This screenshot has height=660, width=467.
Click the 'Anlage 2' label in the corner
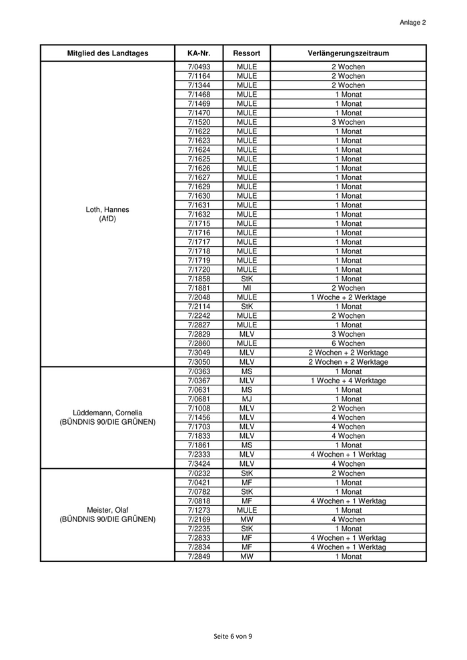412,22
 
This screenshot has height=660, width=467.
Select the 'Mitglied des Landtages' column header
107,53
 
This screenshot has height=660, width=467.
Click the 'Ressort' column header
246,53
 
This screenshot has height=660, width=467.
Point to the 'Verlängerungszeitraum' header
348,53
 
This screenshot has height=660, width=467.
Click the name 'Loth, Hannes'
107,210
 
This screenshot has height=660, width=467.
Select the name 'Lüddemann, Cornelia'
107,413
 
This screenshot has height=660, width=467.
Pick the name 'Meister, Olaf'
107,510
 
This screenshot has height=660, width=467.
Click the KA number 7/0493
199,67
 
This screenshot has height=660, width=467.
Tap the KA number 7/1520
199,123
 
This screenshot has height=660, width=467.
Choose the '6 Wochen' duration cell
348,343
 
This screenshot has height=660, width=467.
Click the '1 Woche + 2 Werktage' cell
348,297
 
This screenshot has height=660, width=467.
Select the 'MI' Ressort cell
246,288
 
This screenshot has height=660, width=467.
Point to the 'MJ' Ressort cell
246,399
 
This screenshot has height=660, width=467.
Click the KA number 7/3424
199,464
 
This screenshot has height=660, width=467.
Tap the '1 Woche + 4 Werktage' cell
348,381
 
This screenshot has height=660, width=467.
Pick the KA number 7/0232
199,473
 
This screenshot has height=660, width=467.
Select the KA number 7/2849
199,557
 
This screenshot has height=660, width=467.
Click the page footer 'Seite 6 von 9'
233,636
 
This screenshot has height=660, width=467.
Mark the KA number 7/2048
199,297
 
